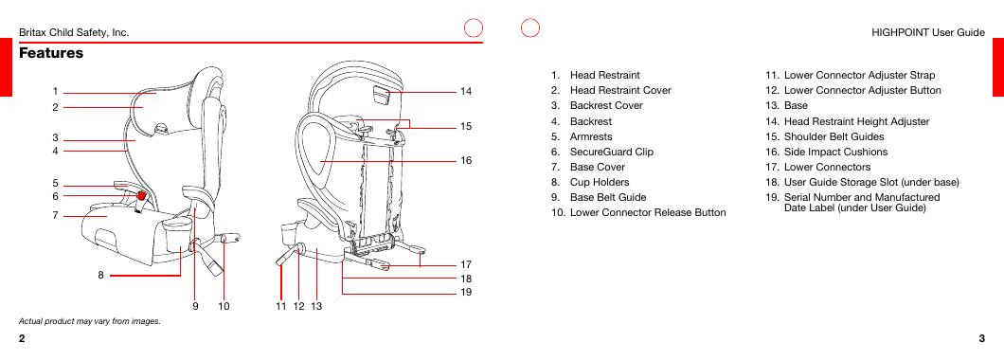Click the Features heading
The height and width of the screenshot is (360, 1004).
[x=51, y=53]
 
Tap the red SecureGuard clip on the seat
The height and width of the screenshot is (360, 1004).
[x=140, y=193]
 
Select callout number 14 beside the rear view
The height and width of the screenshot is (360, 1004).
[x=465, y=92]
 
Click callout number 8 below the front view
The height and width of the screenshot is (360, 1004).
[x=101, y=276]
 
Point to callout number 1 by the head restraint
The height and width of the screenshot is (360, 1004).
[x=56, y=92]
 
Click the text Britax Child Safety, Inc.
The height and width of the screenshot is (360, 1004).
[x=74, y=32]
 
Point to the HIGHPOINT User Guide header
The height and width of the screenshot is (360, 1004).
[x=928, y=32]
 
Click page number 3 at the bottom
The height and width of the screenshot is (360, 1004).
[x=981, y=339]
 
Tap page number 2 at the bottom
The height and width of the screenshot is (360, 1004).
[x=23, y=339]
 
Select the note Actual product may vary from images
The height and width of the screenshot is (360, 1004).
[x=90, y=321]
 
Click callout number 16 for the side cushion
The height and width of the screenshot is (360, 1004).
[x=465, y=160]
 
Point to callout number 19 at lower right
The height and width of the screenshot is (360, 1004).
[x=465, y=292]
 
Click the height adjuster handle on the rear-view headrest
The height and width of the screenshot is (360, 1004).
[x=380, y=96]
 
